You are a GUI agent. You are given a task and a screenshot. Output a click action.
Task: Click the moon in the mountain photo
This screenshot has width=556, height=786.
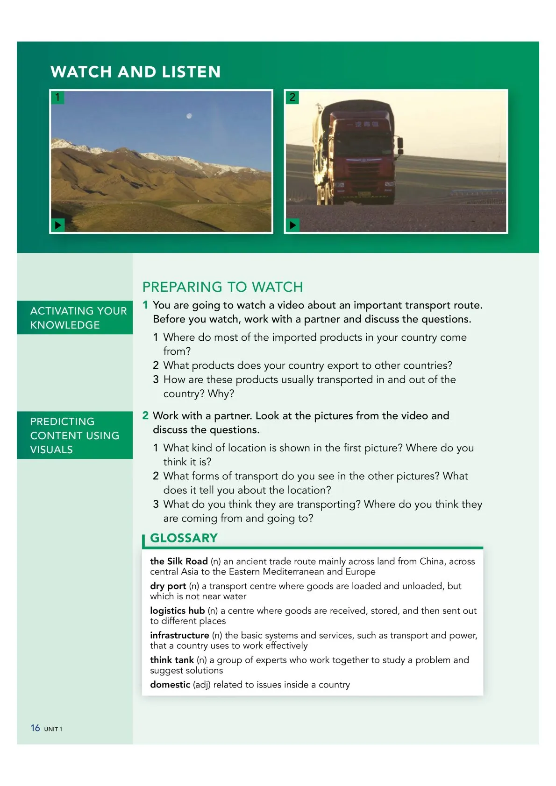[x=189, y=116]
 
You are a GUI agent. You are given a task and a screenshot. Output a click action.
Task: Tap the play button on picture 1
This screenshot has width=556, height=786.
[x=57, y=225]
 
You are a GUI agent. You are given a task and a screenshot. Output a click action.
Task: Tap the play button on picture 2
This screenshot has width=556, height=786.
[x=292, y=225]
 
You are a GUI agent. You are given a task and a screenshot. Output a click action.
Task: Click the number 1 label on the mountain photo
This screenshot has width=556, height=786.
[x=57, y=97]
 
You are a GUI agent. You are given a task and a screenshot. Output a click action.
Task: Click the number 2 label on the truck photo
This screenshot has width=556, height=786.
[x=292, y=97]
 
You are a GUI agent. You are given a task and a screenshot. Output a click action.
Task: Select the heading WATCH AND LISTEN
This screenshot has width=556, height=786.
[x=135, y=72]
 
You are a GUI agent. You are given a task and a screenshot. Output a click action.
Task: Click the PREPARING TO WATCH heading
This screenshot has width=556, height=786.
[x=222, y=287]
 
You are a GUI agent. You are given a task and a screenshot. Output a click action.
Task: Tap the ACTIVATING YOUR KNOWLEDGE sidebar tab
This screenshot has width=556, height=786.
[x=75, y=318]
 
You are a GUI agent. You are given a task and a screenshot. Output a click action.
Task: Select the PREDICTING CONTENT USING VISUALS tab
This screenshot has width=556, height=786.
[x=75, y=435]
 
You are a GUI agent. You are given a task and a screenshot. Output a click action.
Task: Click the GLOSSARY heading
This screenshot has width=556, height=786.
[x=184, y=538]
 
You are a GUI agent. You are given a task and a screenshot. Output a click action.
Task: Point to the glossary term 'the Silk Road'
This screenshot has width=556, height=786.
[x=178, y=561]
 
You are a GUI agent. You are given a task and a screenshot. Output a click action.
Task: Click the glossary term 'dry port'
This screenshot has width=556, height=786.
[x=168, y=586]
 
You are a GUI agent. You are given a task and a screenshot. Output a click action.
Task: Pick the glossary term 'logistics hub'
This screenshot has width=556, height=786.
[x=177, y=611]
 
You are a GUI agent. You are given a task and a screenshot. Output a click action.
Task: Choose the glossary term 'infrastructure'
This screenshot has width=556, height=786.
[x=179, y=636]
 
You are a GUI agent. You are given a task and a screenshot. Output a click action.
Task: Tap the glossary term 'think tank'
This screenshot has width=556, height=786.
[x=171, y=660]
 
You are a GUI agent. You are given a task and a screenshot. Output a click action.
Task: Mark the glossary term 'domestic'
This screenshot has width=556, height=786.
[x=170, y=685]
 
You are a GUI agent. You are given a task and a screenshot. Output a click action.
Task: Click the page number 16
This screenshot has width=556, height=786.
[x=35, y=728]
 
